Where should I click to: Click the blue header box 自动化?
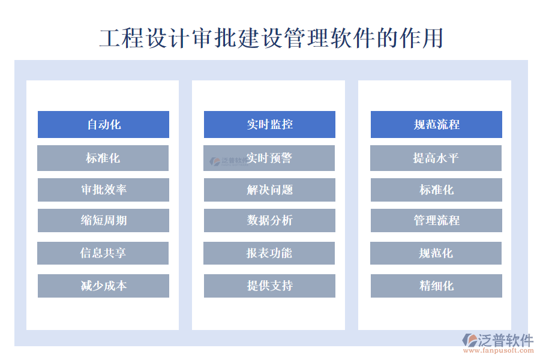coord(103,124)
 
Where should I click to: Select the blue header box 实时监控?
coord(269,124)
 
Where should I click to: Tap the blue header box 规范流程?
coord(436,124)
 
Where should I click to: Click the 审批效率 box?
coord(103,190)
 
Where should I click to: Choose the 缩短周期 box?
coord(103,220)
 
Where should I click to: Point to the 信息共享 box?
coord(103,253)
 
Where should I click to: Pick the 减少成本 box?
coord(103,286)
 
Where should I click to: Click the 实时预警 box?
coord(269,158)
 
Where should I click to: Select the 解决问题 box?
coord(269,190)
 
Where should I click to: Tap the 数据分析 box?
coord(269,220)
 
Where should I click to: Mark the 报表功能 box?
coord(269,253)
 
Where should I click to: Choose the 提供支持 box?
coord(269,286)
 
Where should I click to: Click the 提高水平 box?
coord(436,158)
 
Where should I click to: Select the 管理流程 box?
coord(436,220)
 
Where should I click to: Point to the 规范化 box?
coord(436,253)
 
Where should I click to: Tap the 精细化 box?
coord(436,286)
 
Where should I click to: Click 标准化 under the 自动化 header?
coord(103,158)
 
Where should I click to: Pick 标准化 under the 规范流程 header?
coord(436,190)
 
